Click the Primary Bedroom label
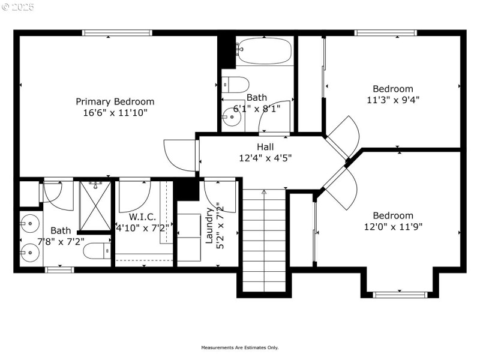[115, 101]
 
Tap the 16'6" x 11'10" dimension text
[115, 112]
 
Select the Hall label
[265, 147]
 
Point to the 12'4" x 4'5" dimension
[265, 158]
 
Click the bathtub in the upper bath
[263, 50]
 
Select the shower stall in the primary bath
[95, 205]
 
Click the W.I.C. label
[142, 216]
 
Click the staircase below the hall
[263, 240]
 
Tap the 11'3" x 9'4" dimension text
[393, 100]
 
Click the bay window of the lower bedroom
[400, 294]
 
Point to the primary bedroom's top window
[117, 33]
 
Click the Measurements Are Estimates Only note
[240, 347]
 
